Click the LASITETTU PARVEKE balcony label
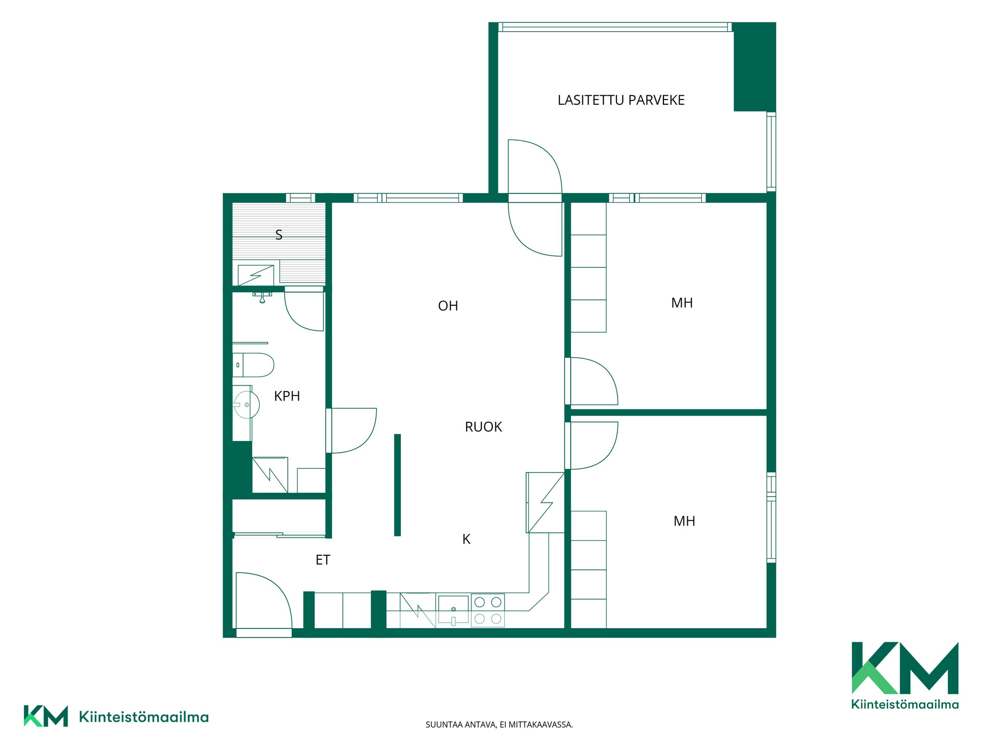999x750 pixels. [621, 100]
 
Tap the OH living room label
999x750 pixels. [448, 306]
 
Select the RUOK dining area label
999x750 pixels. [483, 427]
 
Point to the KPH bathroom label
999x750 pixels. [287, 396]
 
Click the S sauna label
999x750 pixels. [279, 235]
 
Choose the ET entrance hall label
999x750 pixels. [323, 560]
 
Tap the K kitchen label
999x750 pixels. [466, 540]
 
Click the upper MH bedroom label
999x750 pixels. [682, 303]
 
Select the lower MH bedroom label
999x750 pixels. [684, 521]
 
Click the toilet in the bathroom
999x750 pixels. [253, 365]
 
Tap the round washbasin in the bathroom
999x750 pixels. [246, 405]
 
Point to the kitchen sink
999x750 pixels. [453, 610]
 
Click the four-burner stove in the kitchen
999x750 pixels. [488, 610]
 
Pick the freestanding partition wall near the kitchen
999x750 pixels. [398, 485]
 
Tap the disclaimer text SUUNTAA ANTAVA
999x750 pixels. [460, 724]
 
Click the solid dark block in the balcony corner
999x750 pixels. [754, 67]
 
